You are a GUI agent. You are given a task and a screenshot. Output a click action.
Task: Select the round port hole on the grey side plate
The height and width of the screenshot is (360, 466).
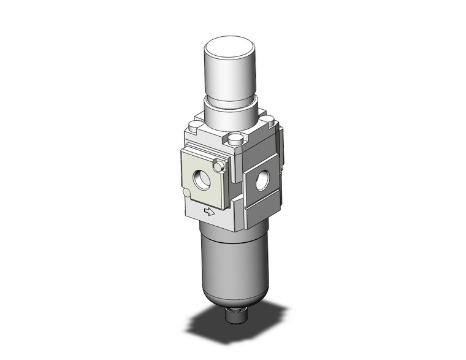point(262,180)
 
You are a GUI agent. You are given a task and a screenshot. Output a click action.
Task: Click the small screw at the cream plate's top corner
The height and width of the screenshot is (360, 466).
point(218,166)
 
